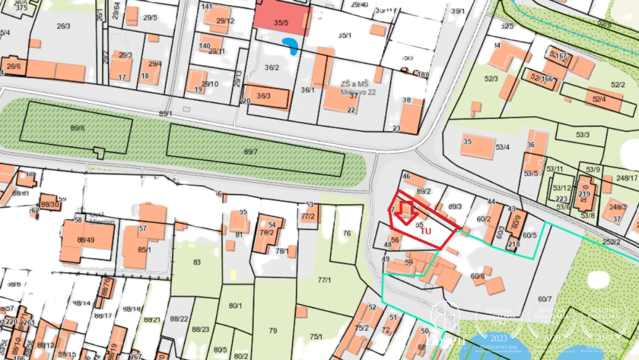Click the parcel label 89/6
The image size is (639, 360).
[78, 128]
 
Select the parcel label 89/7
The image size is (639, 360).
[251, 152]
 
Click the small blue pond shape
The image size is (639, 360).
[291, 46]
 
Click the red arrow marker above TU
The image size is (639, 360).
[406, 210]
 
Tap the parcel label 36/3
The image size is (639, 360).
[264, 96]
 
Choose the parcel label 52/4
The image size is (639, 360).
[599, 99]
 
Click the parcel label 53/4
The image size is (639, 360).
[502, 147]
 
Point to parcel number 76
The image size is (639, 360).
[346, 234]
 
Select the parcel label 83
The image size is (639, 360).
[197, 262]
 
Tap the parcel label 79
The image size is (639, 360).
[273, 330]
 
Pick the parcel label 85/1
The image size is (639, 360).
[145, 249]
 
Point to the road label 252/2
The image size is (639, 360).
[611, 242]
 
